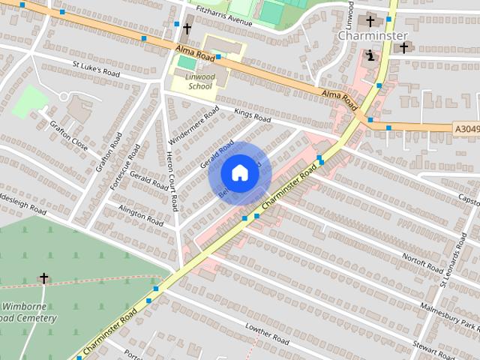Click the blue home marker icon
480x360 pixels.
coord(239,173)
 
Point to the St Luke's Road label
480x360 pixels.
coord(96,67)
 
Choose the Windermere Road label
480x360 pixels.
coord(193,125)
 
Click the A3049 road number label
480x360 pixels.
coord(466,129)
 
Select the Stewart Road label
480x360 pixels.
coord(434,349)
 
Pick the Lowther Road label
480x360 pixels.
coord(267,334)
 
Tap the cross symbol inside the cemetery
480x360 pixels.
coord(43,278)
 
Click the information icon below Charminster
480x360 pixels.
coord(369,55)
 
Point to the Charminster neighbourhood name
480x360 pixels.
coord(372,35)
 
